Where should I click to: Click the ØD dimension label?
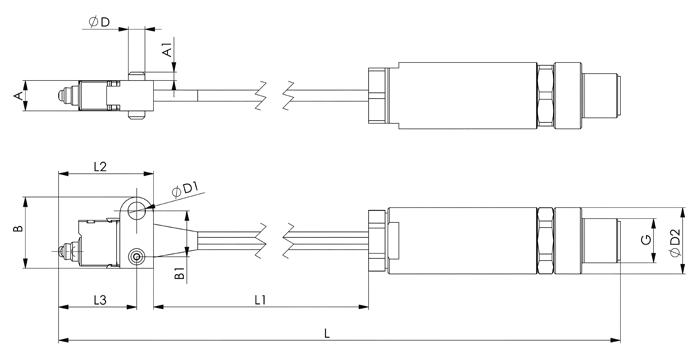click(x=99, y=22)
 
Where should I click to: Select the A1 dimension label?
click(x=167, y=50)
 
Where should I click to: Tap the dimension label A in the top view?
click(x=18, y=96)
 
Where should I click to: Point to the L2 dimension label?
click(x=100, y=167)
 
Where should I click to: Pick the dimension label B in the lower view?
click(x=18, y=229)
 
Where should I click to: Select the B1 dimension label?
click(x=179, y=273)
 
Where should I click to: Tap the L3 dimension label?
click(x=100, y=300)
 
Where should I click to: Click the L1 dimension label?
click(x=260, y=300)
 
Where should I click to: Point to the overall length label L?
click(x=327, y=333)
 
